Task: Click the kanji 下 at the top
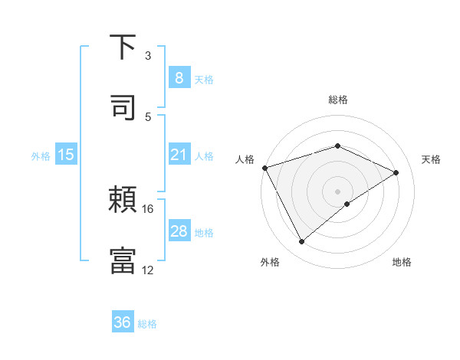pyautogui.click(x=123, y=48)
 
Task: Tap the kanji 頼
pyautogui.click(x=123, y=201)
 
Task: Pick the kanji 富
pyautogui.click(x=123, y=260)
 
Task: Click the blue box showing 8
pyautogui.click(x=179, y=77)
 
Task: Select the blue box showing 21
pyautogui.click(x=179, y=155)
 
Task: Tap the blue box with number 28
pyautogui.click(x=179, y=231)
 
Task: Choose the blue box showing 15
pyautogui.click(x=66, y=155)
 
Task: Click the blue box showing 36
pyautogui.click(x=123, y=322)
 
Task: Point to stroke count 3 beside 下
pyautogui.click(x=148, y=56)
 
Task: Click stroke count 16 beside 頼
pyautogui.click(x=148, y=208)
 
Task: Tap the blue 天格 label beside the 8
pyautogui.click(x=204, y=79)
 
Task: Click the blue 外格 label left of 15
pyautogui.click(x=41, y=156)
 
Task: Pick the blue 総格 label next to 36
pyautogui.click(x=147, y=324)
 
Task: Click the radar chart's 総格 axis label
pyautogui.click(x=337, y=100)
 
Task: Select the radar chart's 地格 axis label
pyautogui.click(x=402, y=262)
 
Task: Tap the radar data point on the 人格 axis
pyautogui.click(x=264, y=168)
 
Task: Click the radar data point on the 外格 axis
pyautogui.click(x=301, y=242)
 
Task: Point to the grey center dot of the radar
pyautogui.click(x=337, y=191)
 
